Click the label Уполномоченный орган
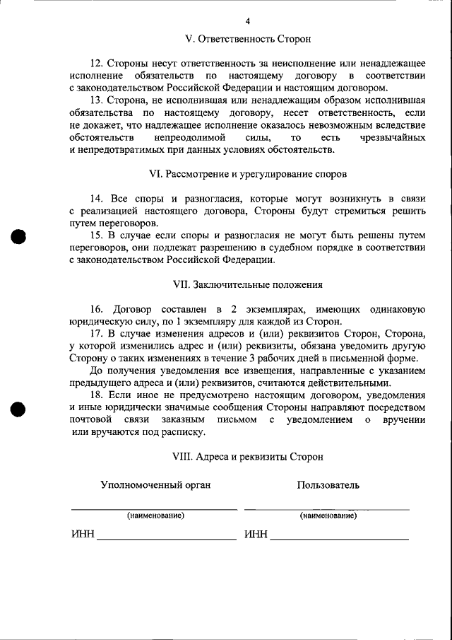coord(155,485)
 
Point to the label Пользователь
coord(328,485)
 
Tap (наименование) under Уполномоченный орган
coord(155,516)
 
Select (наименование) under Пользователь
coord(328,516)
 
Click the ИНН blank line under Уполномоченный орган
coord(166,535)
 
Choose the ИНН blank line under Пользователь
coord(339,535)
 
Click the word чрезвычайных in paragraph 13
coord(388,136)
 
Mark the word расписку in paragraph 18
coord(183,432)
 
